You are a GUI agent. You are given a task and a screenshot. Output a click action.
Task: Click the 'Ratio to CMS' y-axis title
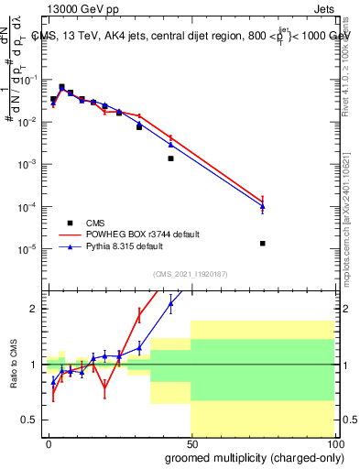[x=14, y=364]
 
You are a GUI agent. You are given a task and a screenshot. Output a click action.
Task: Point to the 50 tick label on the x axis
[x=191, y=442]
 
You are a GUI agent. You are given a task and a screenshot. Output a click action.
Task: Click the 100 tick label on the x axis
[x=334, y=442]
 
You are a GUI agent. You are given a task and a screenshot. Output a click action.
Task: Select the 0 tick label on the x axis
[x=49, y=442]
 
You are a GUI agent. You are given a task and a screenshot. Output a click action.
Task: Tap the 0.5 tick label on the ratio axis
[x=30, y=420]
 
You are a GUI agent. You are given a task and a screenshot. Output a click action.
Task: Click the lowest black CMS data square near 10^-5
[x=263, y=243]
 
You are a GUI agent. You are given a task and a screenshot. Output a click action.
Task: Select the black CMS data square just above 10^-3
[x=170, y=158]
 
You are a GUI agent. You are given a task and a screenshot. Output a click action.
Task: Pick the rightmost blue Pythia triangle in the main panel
[x=263, y=207]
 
